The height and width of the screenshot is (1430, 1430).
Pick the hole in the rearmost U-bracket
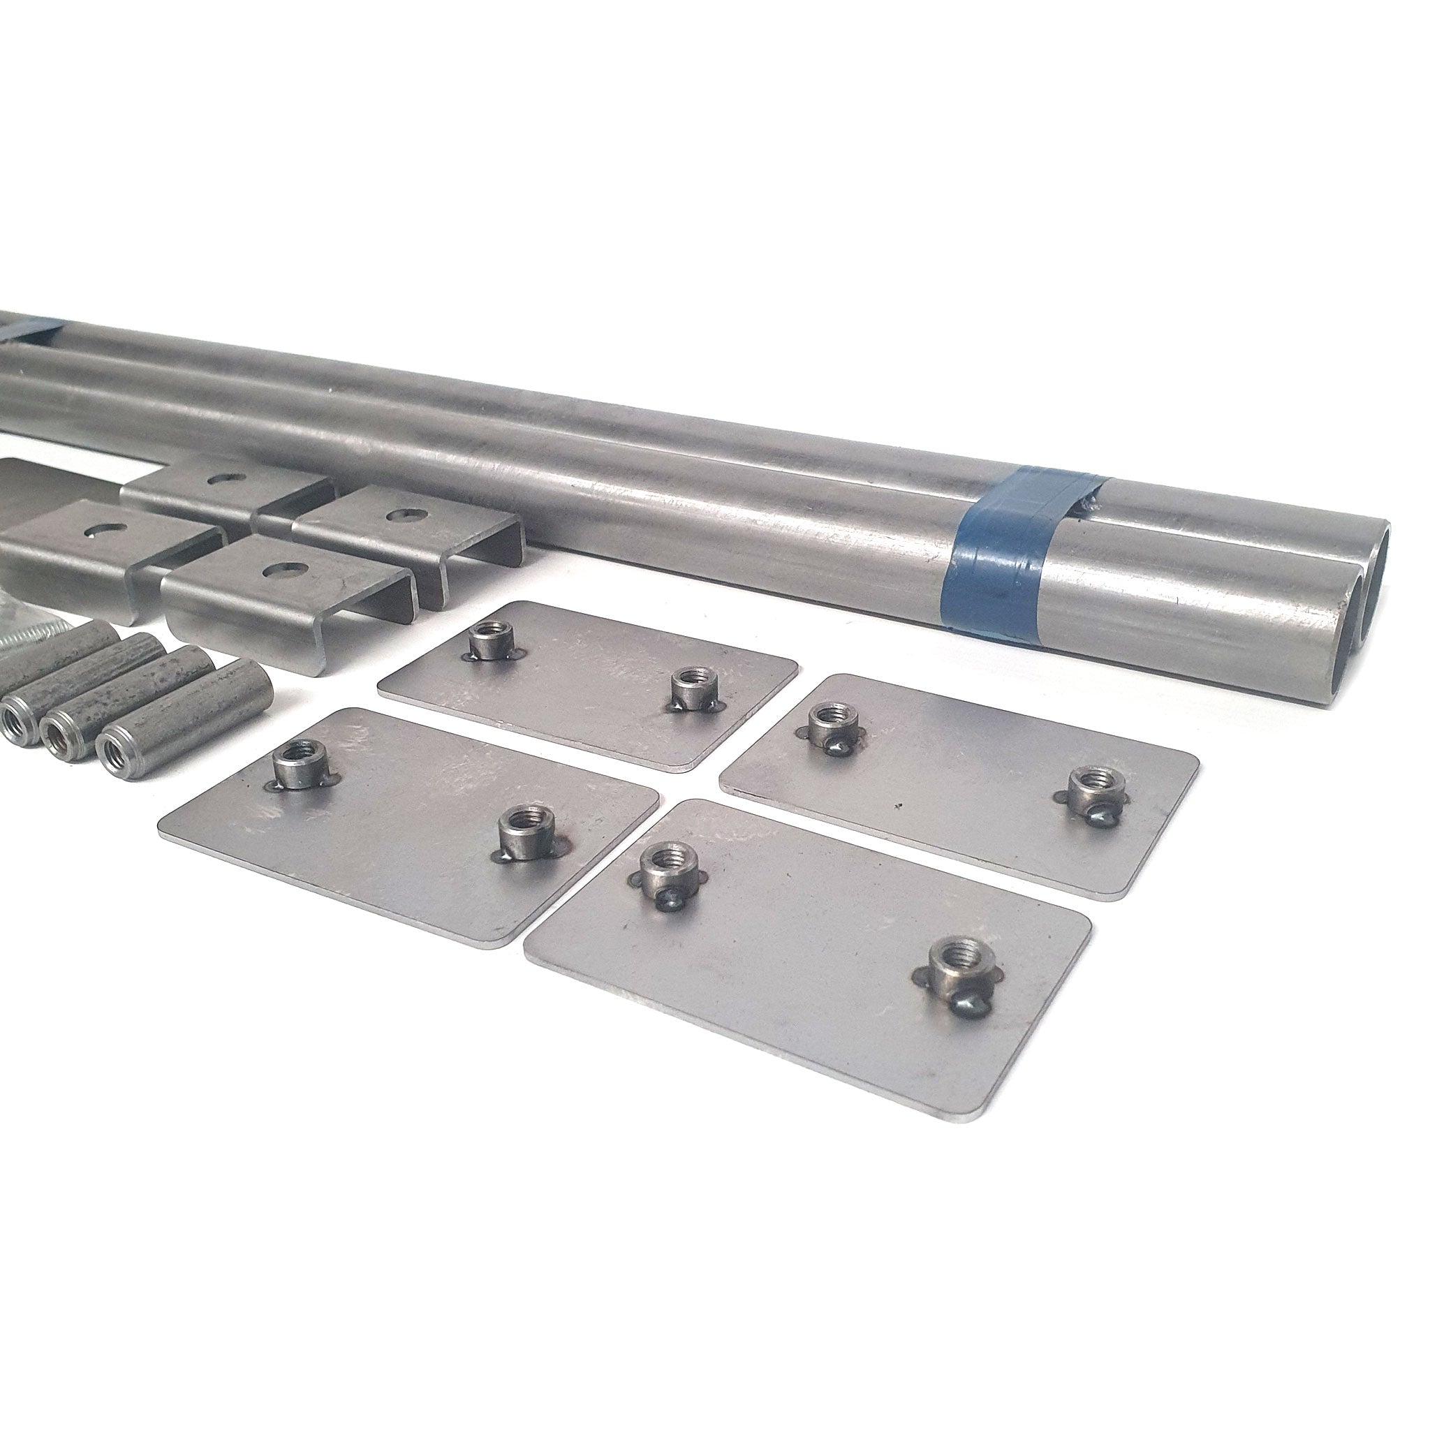pyautogui.click(x=220, y=479)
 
